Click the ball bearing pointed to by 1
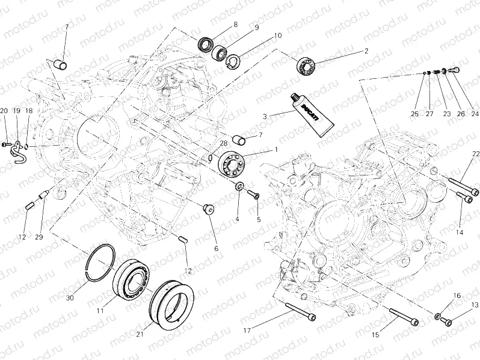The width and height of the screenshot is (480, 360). tap(231, 164)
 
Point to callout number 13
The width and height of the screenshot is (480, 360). tap(475, 305)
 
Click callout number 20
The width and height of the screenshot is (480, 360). tap(4, 111)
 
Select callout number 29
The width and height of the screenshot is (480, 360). tap(38, 237)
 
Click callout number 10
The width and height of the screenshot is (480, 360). tap(277, 36)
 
